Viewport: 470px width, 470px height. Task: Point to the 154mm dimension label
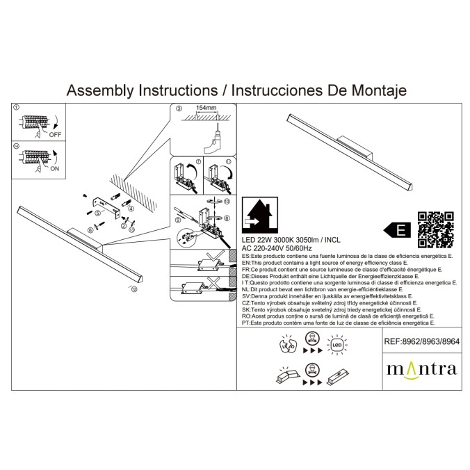tap(206, 109)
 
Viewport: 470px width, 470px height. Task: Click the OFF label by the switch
tap(54, 135)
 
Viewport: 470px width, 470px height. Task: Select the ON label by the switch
tap(54, 168)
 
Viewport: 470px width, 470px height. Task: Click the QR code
tap(435, 229)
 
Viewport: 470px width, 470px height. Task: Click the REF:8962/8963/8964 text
tap(421, 341)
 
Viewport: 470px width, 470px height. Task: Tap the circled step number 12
tap(133, 288)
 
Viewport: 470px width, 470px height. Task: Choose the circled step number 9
tap(178, 220)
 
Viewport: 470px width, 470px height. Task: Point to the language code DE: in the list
tap(246, 276)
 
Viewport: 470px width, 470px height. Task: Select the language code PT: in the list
tap(246, 323)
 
